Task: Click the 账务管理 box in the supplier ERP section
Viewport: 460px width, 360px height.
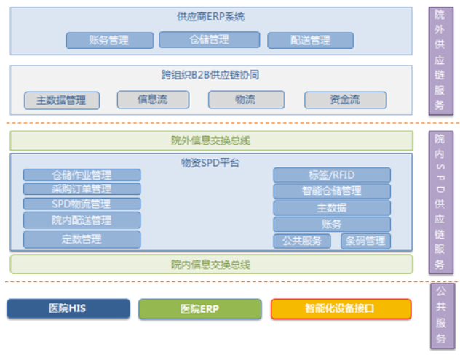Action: click(x=110, y=41)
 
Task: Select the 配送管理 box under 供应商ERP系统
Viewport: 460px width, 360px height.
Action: click(x=310, y=41)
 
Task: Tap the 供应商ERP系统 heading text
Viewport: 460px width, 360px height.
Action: click(x=210, y=17)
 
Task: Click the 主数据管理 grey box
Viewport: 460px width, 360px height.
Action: click(x=62, y=100)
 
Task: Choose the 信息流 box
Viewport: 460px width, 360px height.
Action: click(x=153, y=100)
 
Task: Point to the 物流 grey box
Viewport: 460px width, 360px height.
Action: click(x=246, y=100)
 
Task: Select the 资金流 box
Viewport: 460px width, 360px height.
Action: click(x=345, y=100)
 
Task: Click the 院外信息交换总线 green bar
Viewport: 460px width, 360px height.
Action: click(x=211, y=140)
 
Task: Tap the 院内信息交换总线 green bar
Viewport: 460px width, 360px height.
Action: click(x=211, y=265)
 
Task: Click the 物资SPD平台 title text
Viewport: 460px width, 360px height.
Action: click(x=210, y=162)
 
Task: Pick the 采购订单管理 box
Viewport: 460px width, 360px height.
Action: click(x=82, y=189)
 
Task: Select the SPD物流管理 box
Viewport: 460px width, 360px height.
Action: click(x=82, y=204)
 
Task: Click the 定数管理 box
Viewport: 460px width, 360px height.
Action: click(x=82, y=239)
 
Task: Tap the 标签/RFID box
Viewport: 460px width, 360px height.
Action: click(x=332, y=175)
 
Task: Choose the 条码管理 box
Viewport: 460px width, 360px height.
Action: click(x=365, y=241)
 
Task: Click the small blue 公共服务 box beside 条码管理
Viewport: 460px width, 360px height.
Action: click(x=302, y=241)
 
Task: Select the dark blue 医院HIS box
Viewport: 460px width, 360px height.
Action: click(x=68, y=308)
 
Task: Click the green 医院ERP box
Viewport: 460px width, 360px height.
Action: click(x=199, y=309)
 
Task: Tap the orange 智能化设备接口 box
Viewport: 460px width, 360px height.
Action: click(x=341, y=308)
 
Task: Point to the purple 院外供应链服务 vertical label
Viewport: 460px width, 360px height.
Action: click(x=440, y=61)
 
